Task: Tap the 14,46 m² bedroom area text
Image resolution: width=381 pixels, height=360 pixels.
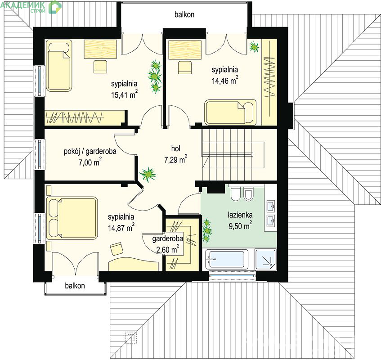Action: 225,80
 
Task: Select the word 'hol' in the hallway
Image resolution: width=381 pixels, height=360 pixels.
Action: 176,148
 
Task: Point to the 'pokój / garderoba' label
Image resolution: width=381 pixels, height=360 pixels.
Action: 90,152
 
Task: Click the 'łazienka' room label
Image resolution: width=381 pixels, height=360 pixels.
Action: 240,215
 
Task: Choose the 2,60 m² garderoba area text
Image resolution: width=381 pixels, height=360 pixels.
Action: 168,249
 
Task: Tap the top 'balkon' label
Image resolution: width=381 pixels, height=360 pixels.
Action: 184,14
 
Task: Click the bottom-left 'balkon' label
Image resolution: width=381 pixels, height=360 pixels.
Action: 75,285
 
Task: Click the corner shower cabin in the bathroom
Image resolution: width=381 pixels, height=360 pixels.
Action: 265,259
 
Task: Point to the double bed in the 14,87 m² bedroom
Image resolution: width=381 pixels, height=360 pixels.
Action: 72,218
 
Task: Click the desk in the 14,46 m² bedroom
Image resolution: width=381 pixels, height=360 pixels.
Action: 185,50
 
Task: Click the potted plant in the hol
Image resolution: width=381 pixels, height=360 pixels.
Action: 148,174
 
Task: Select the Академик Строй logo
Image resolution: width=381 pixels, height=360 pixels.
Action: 31,7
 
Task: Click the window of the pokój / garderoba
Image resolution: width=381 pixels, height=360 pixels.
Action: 40,154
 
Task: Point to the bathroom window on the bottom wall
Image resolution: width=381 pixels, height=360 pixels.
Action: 232,276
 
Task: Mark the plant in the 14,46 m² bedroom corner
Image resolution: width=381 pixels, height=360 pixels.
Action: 254,46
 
